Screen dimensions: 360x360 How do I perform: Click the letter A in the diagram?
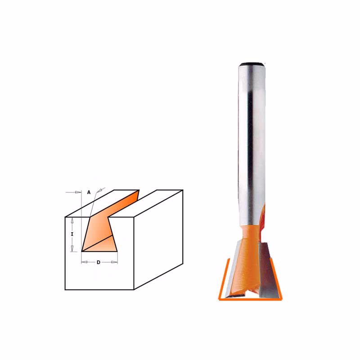click(89, 192)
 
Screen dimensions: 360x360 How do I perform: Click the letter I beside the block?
click(72, 234)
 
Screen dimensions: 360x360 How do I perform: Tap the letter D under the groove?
click(99, 262)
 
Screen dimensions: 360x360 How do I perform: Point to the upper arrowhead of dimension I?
click(72, 220)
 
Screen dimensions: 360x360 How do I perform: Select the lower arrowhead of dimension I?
click(72, 248)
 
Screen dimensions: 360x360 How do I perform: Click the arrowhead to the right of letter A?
click(100, 190)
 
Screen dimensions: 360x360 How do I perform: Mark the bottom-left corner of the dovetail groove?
click(82, 251)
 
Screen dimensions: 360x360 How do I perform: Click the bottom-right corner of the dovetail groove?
click(117, 251)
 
